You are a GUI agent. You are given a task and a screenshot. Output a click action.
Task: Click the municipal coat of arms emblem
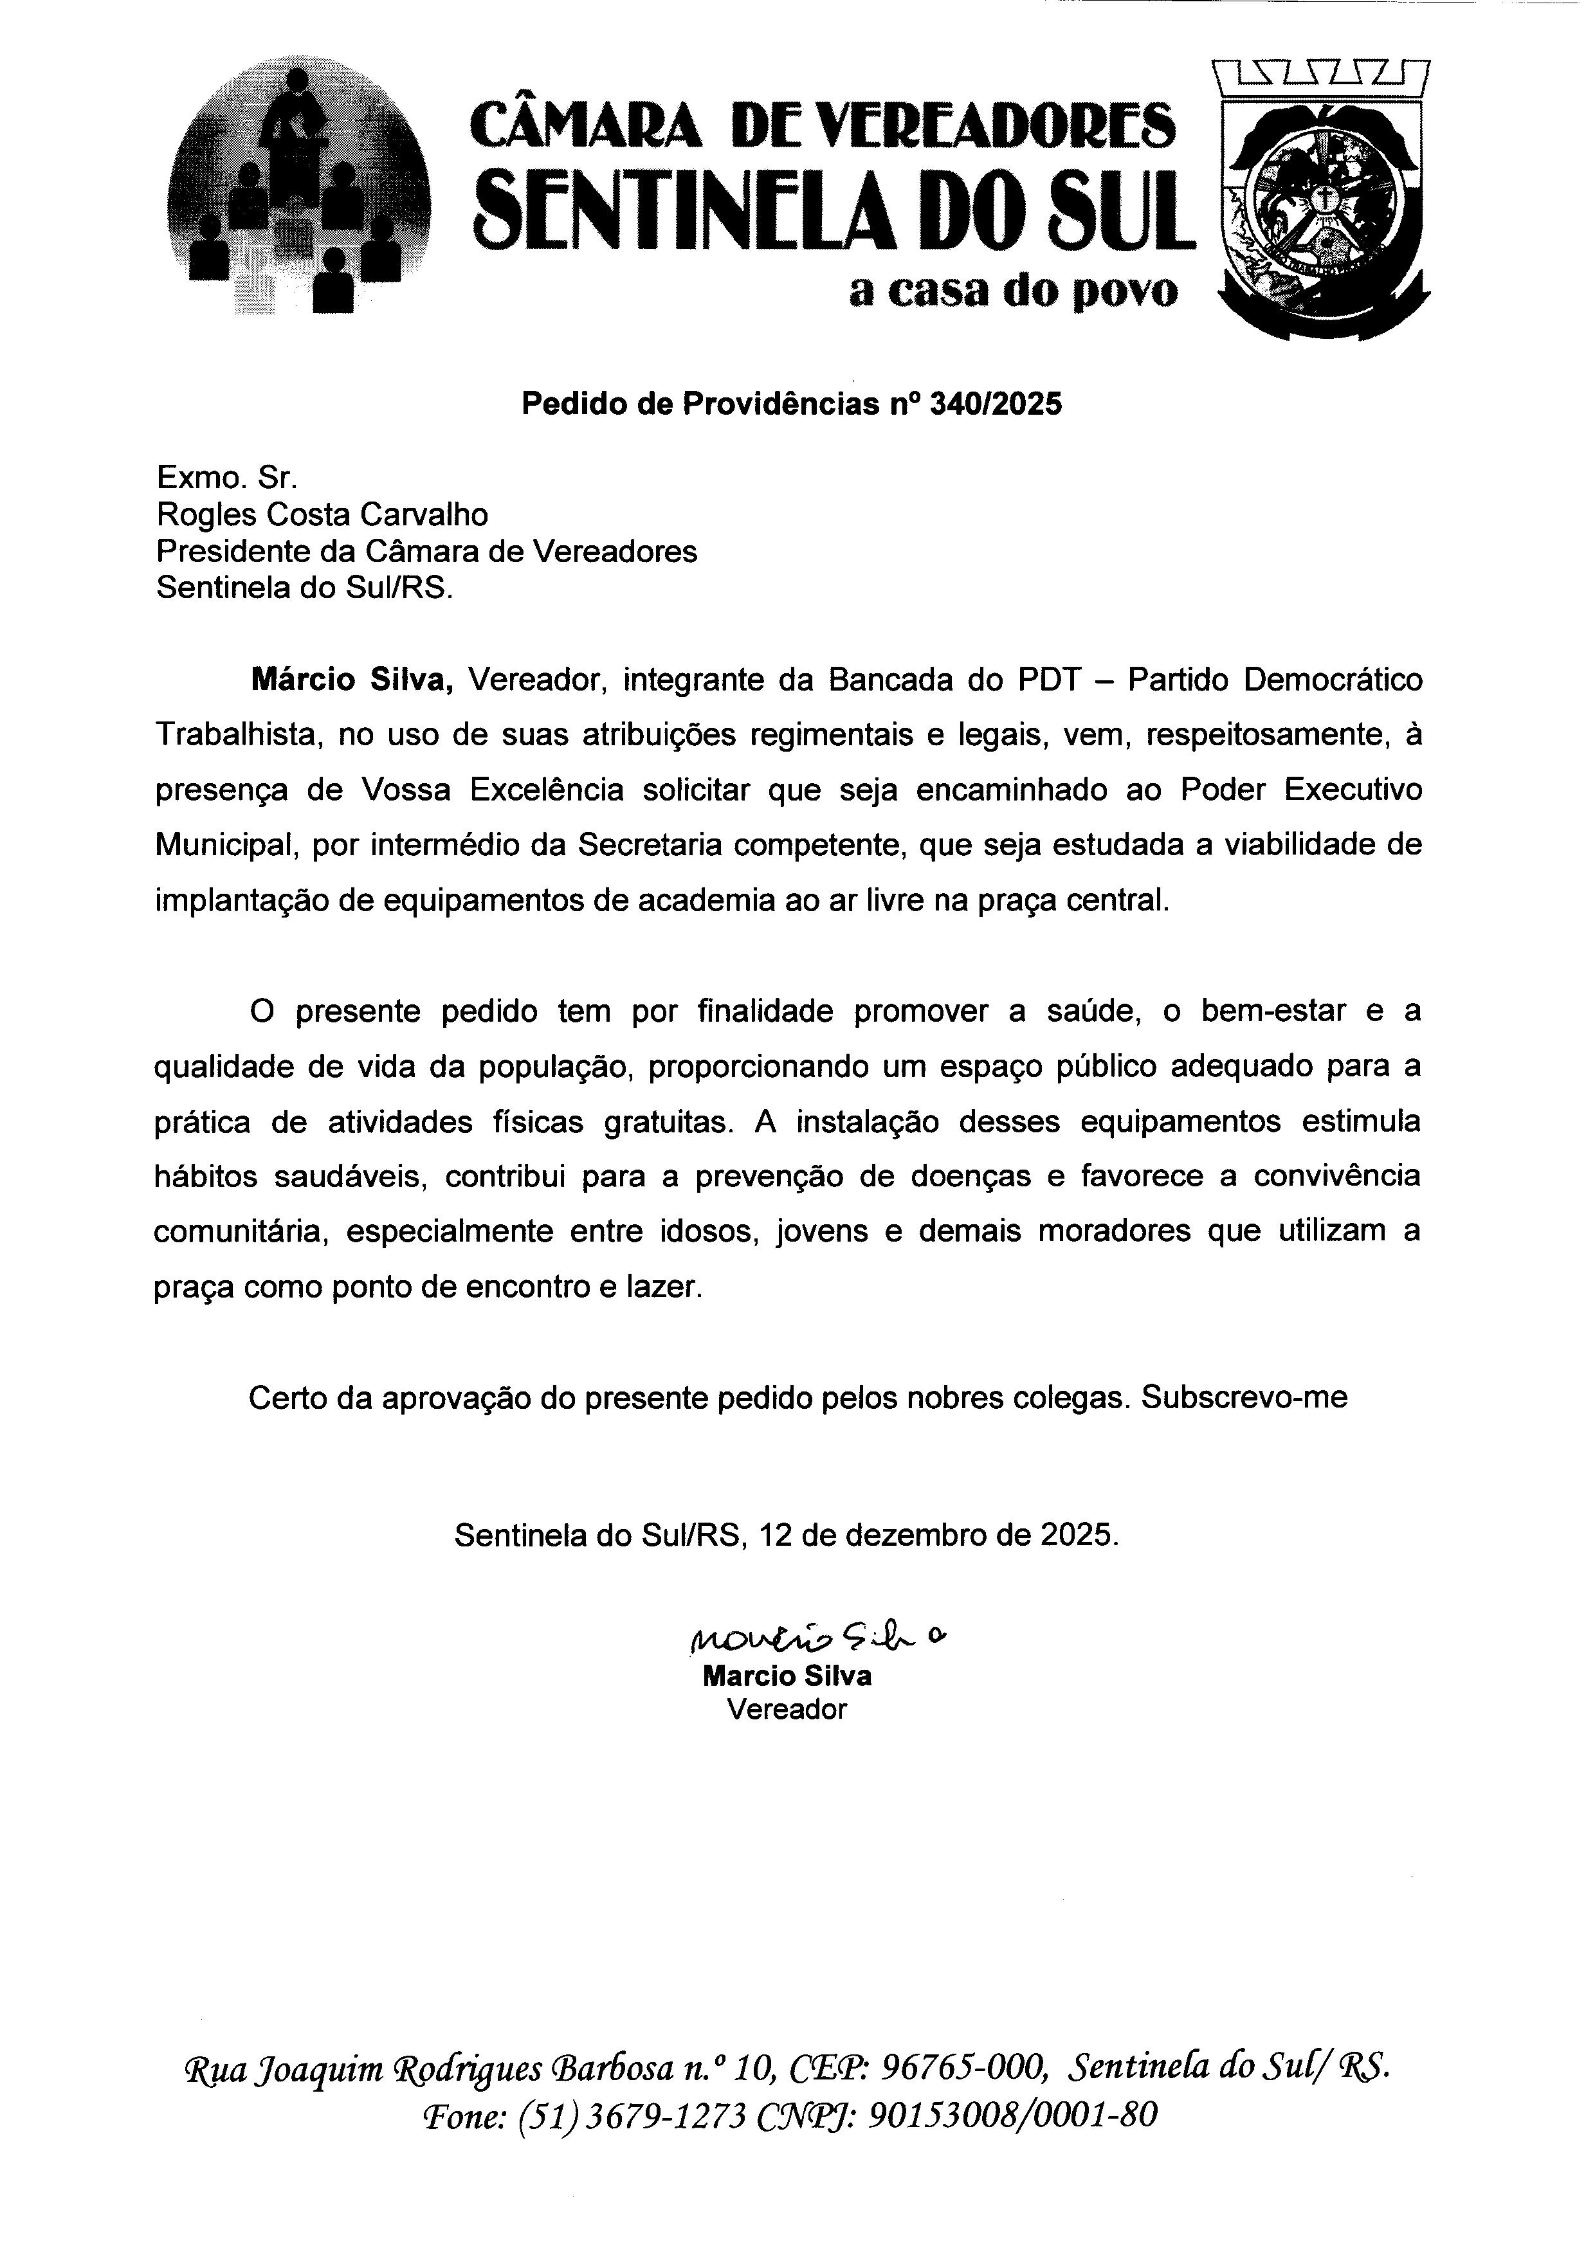pyautogui.click(x=1321, y=201)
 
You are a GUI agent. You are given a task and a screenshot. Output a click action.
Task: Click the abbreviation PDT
pyautogui.click(x=1034, y=681)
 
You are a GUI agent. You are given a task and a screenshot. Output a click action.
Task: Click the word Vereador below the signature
pyautogui.click(x=787, y=1710)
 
